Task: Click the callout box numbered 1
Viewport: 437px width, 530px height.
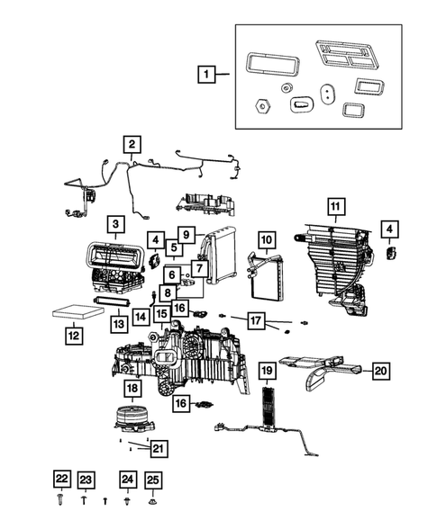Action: [208, 75]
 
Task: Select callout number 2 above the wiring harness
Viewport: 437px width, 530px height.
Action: [132, 144]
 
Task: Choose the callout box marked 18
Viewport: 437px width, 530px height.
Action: [132, 388]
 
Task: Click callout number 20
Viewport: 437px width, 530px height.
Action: [380, 369]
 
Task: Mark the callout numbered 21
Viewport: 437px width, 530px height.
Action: [159, 447]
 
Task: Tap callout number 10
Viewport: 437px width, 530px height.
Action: [267, 240]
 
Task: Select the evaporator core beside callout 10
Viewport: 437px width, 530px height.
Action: [268, 278]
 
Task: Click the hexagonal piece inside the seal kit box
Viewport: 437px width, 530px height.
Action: [262, 104]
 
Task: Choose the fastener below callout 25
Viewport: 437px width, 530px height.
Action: [152, 497]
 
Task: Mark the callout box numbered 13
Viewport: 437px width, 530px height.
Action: [117, 323]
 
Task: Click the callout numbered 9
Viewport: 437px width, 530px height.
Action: [186, 233]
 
